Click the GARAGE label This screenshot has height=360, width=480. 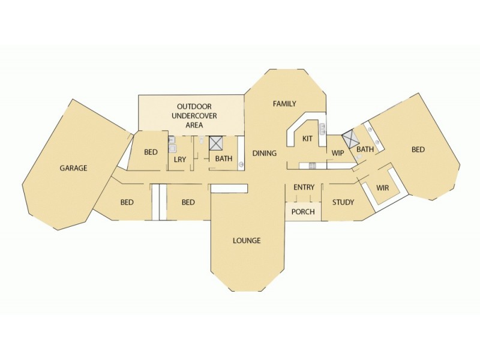pos(73,168)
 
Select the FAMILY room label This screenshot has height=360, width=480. pos(284,104)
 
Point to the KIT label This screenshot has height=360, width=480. pos(307,139)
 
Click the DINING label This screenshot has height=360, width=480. pos(264,154)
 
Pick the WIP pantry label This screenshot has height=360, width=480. pos(338,153)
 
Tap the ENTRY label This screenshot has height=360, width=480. pos(304,188)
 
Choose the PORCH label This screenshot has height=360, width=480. pos(303,212)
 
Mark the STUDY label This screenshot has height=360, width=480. pos(343,202)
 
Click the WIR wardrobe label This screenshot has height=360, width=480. pos(382,188)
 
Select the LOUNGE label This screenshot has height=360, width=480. pos(247,241)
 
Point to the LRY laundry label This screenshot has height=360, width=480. pos(179,159)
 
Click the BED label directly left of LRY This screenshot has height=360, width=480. pos(151,152)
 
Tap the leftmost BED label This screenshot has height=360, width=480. pos(127,202)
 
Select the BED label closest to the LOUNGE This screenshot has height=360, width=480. pos(188,202)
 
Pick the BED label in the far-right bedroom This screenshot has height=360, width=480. pos(418,149)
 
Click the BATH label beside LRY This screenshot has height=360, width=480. pos(224,159)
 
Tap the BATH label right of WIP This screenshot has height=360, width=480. pos(365,149)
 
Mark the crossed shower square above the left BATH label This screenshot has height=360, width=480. pos(216,143)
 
